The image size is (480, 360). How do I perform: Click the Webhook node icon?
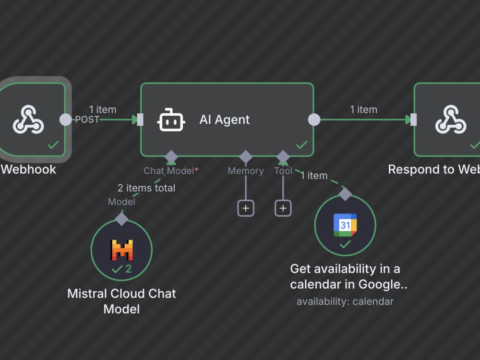(28, 120)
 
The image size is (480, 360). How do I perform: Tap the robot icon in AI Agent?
(171, 120)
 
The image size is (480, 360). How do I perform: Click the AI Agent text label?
(224, 120)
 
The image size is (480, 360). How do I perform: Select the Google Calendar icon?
(345, 225)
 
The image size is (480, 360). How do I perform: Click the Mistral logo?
(121, 250)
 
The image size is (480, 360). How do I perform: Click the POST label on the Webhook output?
(87, 120)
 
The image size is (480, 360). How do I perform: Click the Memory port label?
(245, 171)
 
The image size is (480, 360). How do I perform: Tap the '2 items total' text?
(146, 188)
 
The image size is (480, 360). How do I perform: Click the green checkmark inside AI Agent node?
(302, 144)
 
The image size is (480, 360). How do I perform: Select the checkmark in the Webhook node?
(53, 144)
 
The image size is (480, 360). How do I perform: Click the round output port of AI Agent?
(314, 120)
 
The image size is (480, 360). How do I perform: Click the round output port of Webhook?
(65, 120)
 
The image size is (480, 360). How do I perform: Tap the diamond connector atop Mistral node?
(121, 219)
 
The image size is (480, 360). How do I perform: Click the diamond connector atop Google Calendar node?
(345, 194)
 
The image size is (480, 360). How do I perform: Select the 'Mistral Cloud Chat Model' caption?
(121, 301)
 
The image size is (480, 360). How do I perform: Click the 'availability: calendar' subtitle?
(345, 301)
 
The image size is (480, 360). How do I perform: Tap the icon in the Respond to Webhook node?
(451, 120)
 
